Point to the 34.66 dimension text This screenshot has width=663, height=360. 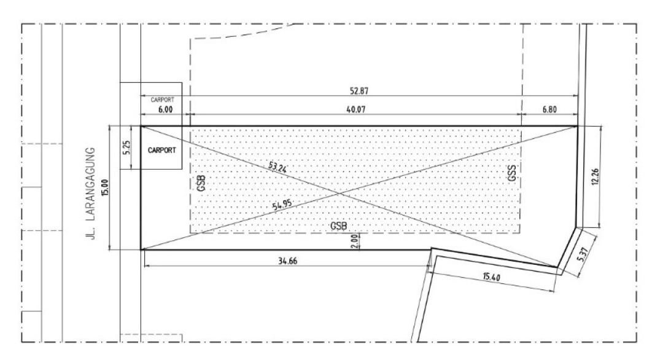tap(287, 262)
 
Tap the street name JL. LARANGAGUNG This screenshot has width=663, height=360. tap(95, 194)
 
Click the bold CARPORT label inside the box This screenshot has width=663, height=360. tap(161, 149)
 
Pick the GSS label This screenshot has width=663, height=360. tap(512, 173)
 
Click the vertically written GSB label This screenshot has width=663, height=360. tap(201, 183)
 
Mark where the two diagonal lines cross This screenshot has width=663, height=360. tap(339, 194)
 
